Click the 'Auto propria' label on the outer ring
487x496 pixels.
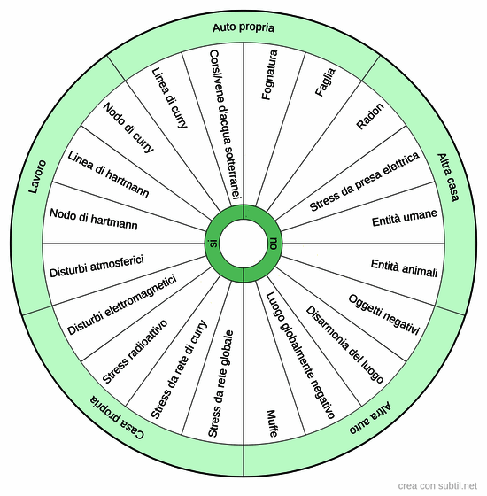243,27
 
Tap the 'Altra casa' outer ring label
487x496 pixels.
448,177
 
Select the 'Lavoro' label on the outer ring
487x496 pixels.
37,176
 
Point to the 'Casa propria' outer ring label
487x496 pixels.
117,417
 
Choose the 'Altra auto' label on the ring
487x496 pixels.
370,417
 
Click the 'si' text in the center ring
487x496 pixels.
213,244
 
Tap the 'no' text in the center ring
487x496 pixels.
274,244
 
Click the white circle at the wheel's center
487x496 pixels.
243,244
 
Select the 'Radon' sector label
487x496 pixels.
370,116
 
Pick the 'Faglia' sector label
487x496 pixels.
325,82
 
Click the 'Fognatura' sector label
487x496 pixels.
270,75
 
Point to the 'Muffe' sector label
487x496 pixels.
273,424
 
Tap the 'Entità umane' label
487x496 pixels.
405,218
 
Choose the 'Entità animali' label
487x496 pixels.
405,268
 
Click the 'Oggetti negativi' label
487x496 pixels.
384,314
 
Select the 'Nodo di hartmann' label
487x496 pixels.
94,220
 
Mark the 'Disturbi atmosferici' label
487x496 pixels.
97,266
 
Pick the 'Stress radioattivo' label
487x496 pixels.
135,352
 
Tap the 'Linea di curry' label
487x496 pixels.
170,98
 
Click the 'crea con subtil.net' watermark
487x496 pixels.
437,486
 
